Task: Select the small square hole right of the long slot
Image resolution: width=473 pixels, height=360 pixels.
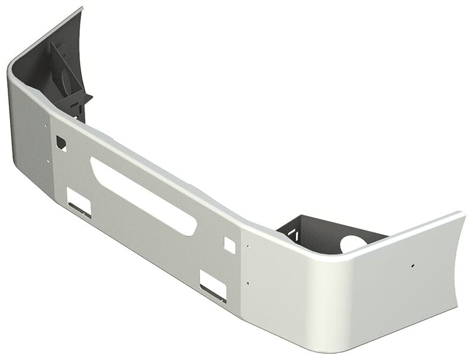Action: [228, 243]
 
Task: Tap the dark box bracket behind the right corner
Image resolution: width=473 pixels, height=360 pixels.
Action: [319, 233]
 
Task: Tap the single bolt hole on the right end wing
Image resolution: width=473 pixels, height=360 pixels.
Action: [414, 265]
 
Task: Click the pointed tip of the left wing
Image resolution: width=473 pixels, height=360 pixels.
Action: [82, 8]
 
